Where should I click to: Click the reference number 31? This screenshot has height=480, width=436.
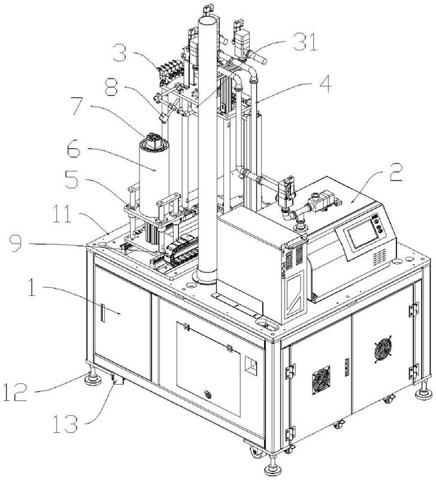305,42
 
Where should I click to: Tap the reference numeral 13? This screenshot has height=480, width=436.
65,424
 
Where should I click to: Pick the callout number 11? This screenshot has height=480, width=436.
62,214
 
